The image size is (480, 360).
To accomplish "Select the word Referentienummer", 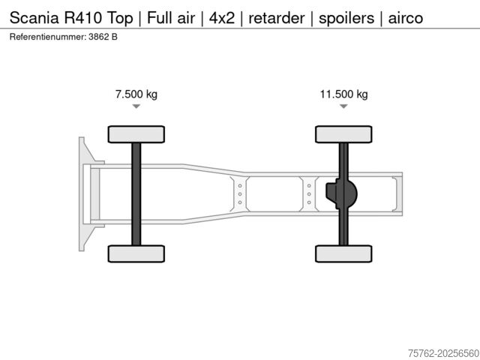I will point(49,37).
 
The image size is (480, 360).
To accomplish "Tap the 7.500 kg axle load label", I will point(136,94).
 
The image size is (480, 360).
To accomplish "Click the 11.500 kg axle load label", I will point(343,94).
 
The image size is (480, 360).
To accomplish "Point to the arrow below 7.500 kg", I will point(136,106).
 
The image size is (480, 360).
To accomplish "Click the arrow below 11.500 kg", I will point(343,106).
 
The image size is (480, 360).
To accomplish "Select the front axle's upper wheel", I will point(136,134).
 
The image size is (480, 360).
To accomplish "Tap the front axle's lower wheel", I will point(136,253).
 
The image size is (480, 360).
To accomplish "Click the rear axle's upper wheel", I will point(343,134).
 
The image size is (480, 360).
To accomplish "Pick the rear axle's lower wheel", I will point(343,253).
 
